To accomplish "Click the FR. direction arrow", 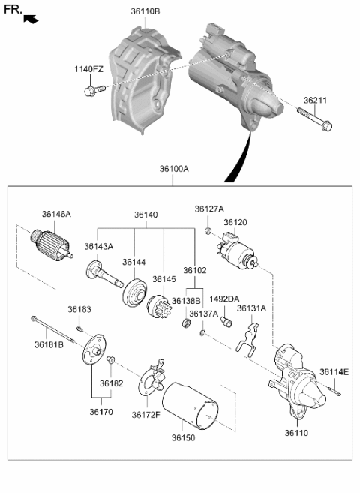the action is (x=31, y=19).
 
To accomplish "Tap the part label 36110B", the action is (x=145, y=11).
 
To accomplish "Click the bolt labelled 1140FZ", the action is (x=94, y=90).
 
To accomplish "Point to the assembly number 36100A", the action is (x=174, y=169).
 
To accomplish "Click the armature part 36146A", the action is (x=52, y=246).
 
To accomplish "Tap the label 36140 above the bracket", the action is (x=146, y=215).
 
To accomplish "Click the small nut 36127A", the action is (x=208, y=232).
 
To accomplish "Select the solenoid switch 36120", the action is (x=237, y=251).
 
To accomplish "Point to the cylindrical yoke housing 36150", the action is (x=190, y=405).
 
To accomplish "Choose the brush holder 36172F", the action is (x=152, y=378).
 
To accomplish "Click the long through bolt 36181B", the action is (x=52, y=329).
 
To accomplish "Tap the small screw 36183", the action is (x=79, y=329).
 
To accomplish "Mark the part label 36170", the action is (x=101, y=412).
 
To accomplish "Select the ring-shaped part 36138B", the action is (x=187, y=322).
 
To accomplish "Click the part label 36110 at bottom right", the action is (x=296, y=433).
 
